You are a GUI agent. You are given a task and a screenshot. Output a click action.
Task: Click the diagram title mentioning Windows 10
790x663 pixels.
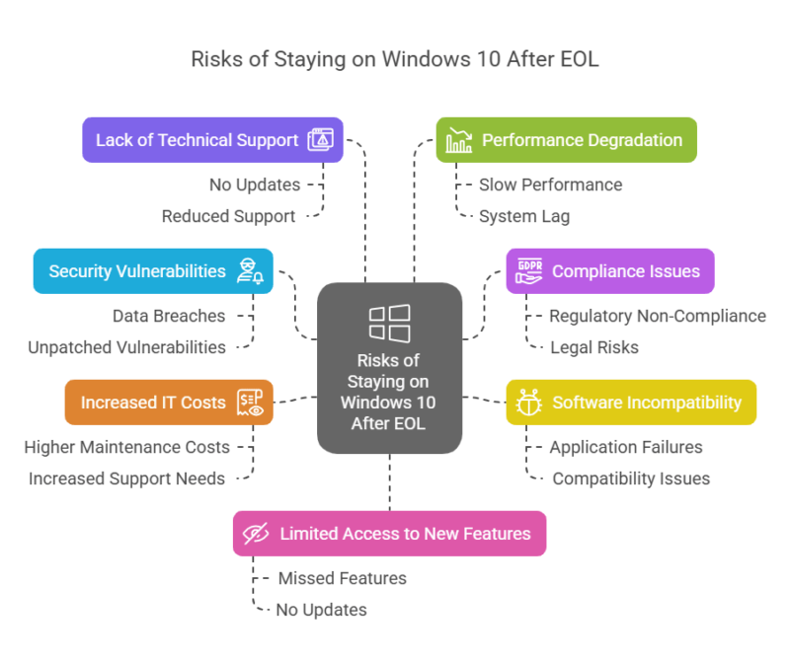click(x=395, y=59)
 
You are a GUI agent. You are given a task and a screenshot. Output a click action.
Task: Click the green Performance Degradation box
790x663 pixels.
click(x=567, y=140)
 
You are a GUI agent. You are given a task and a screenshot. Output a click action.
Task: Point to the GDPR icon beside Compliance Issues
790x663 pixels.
click(x=528, y=271)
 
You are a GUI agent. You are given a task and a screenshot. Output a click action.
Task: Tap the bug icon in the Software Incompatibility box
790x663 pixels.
click(x=529, y=403)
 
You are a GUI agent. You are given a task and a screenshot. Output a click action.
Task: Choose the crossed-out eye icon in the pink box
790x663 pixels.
click(x=256, y=534)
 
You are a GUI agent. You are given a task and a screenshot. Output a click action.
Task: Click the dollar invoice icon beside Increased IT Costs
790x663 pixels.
click(x=250, y=403)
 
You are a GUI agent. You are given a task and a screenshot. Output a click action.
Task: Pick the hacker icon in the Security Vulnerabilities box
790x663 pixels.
click(x=250, y=271)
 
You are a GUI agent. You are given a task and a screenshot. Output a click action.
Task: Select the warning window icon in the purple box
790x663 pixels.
click(x=320, y=140)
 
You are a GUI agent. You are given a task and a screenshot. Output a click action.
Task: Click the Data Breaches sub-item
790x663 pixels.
click(x=169, y=316)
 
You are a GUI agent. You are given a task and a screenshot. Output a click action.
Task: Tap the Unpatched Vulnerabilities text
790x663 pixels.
click(x=126, y=347)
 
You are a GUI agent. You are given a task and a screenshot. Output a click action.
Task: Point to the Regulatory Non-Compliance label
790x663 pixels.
click(x=657, y=316)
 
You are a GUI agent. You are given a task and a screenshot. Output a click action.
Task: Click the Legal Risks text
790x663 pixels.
click(x=594, y=347)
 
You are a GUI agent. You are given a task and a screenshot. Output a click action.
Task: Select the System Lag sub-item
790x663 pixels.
click(x=524, y=216)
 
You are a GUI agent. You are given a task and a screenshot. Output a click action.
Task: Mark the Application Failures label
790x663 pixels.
click(x=626, y=447)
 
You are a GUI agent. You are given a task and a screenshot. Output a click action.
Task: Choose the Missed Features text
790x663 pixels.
click(x=342, y=578)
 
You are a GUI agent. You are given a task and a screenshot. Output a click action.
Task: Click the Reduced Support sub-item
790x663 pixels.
click(x=228, y=216)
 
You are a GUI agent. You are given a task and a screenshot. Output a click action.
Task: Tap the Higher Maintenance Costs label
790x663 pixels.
click(x=126, y=447)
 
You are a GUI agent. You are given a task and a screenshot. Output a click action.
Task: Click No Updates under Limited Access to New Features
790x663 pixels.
click(x=321, y=610)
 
